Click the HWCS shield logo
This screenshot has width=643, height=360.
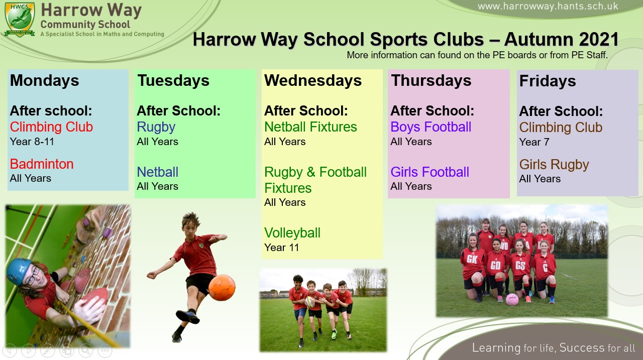click(x=20, y=20)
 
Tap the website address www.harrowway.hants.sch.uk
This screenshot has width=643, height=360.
click(x=548, y=7)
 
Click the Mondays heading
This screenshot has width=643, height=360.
click(x=45, y=80)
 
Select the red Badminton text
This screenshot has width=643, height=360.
click(x=42, y=164)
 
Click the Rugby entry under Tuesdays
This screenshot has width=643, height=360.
click(x=156, y=128)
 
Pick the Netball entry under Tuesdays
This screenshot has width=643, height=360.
click(x=158, y=172)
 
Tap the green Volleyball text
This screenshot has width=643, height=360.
click(x=292, y=233)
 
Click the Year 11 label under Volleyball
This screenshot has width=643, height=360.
click(x=282, y=248)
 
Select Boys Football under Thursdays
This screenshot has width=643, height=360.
click(x=431, y=127)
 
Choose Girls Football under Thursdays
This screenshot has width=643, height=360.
click(x=430, y=172)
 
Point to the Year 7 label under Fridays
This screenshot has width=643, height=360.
click(x=534, y=142)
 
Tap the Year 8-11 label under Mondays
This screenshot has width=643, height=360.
click(x=32, y=142)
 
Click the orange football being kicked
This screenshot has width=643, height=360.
click(x=222, y=287)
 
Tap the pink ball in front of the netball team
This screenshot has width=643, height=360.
click(x=512, y=299)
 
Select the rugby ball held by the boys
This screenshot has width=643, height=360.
click(x=310, y=302)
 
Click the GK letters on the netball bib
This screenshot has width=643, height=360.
click(x=472, y=259)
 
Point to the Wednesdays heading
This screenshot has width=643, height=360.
click(x=313, y=80)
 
